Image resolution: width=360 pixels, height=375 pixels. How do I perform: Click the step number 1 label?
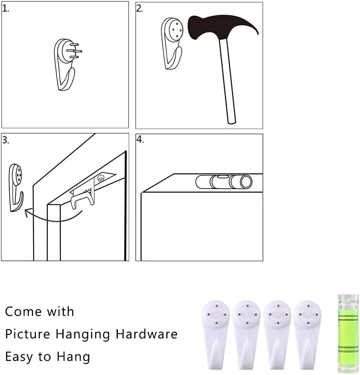point(6,9)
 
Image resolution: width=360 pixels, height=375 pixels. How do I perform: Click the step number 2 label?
point(139,9)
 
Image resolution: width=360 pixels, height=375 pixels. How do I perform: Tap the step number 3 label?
point(6,140)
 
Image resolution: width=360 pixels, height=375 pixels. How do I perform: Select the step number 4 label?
point(140,139)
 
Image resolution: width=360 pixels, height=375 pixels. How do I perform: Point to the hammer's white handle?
point(227,81)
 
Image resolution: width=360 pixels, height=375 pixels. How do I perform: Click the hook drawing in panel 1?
point(67,65)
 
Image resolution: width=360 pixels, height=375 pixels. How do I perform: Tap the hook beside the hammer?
point(172,44)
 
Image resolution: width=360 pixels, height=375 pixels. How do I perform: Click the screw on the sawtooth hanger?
point(101,178)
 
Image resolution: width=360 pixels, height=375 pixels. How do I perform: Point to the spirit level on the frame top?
point(224,182)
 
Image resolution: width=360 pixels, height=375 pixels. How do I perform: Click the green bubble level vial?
point(348,333)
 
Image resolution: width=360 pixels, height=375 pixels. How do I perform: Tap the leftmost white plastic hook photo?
point(216,335)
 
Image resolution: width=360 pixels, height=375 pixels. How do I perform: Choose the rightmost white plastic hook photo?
point(307,335)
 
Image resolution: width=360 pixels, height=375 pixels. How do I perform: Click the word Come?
point(23,312)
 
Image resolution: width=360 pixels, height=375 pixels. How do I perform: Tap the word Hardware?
point(147,334)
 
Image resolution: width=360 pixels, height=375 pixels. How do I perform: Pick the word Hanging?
point(83,335)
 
